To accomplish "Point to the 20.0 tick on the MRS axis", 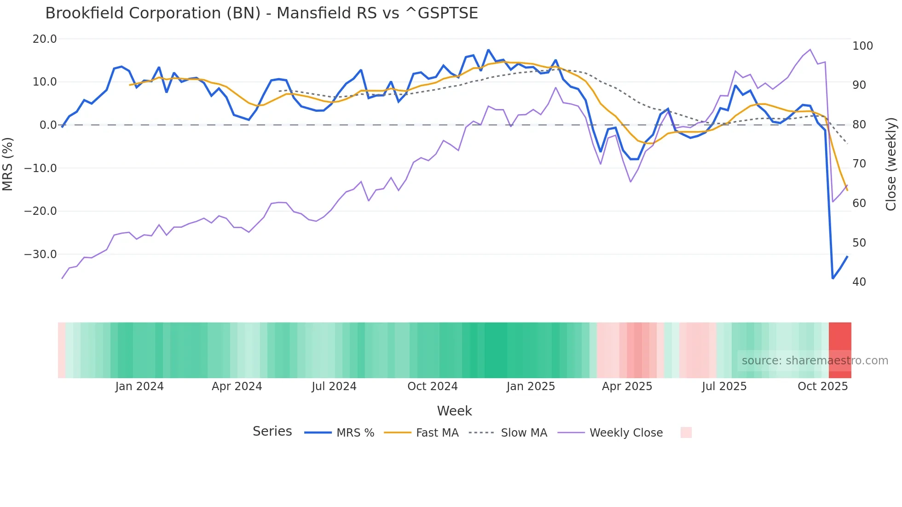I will (45, 39).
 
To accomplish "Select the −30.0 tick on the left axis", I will (40, 254).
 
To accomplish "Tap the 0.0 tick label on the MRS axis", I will (48, 125).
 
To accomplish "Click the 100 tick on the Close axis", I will (862, 46).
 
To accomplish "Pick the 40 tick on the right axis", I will (859, 282).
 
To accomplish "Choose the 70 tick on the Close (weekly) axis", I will (859, 164).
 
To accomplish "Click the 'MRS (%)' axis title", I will (8, 164).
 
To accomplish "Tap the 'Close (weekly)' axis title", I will (891, 164).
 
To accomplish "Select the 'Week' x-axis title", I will (454, 411).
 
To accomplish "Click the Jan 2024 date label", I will (139, 386).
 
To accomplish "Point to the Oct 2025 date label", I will (822, 386).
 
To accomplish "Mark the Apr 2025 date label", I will (627, 386).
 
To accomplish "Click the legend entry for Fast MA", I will (437, 433).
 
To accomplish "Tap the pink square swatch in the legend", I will (686, 432).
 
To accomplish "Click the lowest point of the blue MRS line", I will (833, 278).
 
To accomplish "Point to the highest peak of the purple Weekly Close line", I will (810, 50).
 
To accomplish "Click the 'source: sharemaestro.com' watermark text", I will (815, 361).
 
